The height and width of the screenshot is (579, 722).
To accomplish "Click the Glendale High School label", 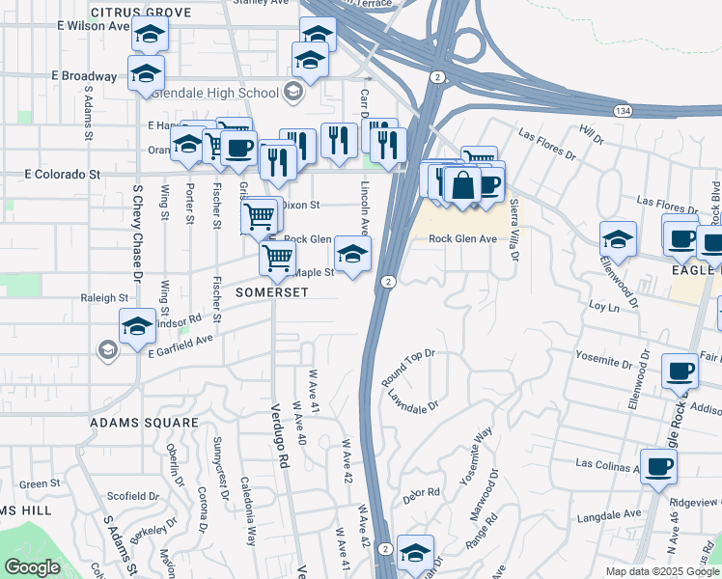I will click(227, 93).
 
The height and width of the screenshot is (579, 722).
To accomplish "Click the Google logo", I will click(33, 567).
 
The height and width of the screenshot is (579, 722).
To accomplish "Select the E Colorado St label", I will click(63, 175).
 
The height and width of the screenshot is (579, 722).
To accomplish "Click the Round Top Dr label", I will click(408, 365).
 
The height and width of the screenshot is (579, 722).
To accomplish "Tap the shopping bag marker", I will click(462, 185).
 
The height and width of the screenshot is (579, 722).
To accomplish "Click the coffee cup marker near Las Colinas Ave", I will click(658, 467).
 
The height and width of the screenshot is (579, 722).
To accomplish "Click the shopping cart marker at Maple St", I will click(278, 257).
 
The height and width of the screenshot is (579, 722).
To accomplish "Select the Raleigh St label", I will click(104, 299).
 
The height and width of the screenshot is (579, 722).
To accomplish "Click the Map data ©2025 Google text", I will click(661, 571).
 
